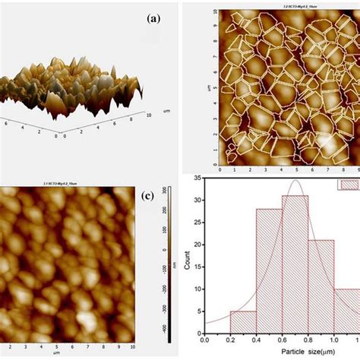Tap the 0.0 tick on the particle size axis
point(204,345)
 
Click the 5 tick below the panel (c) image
point(71,350)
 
